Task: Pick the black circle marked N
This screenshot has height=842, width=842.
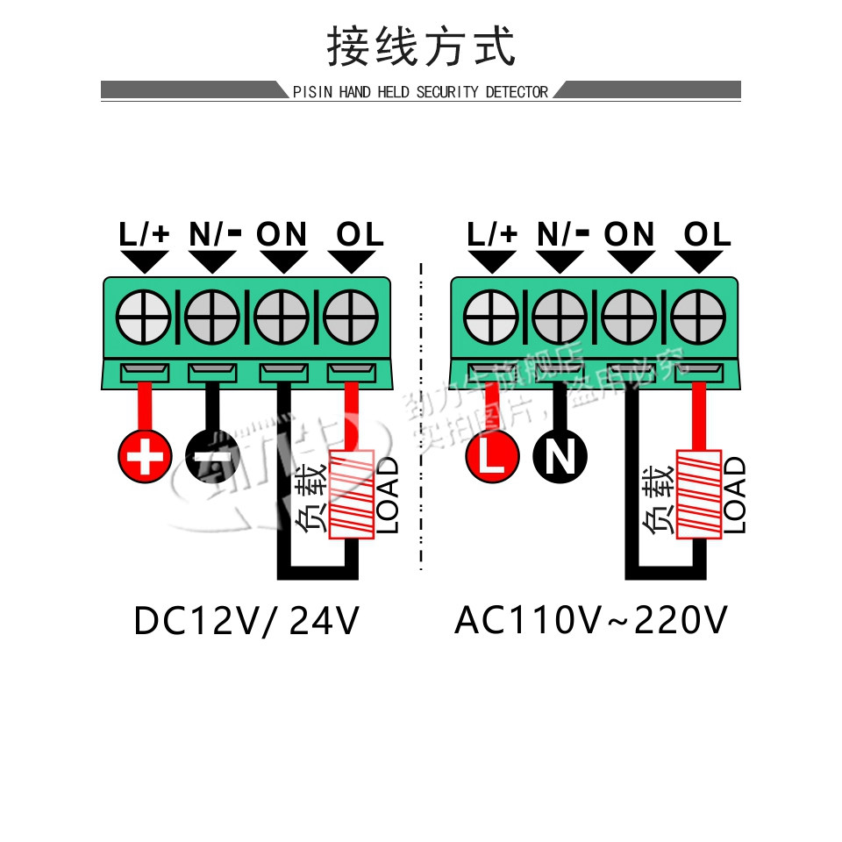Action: [x=560, y=456]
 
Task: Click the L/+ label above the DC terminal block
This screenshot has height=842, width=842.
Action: [x=145, y=234]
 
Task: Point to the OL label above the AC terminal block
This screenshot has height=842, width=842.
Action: [x=706, y=234]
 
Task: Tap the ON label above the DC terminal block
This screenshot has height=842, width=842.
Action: [x=282, y=234]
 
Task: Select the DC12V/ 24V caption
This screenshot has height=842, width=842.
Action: [x=246, y=622]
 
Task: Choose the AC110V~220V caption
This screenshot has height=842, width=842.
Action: [x=591, y=622]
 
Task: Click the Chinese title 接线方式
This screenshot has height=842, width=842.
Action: [x=421, y=46]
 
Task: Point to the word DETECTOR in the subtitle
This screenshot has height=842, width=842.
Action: [x=517, y=92]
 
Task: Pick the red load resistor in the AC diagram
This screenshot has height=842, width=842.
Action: [x=699, y=493]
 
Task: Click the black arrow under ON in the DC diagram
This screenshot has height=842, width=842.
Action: [x=282, y=261]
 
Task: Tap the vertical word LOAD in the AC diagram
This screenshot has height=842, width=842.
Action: [x=736, y=495]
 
